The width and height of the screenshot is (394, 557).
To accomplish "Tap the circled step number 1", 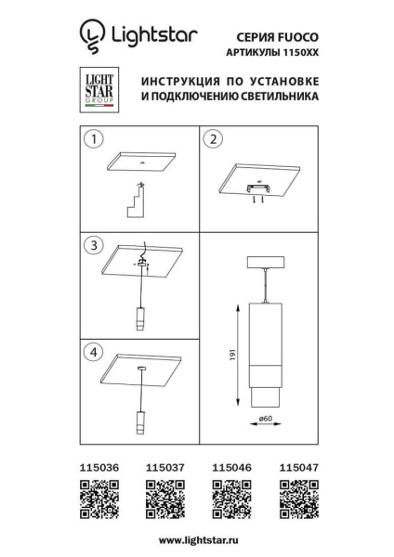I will (92, 141).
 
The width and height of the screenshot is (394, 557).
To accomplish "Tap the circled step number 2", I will (214, 141).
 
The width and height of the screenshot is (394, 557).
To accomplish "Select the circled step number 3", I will (92, 246).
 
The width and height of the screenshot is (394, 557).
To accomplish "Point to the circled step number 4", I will (92, 352).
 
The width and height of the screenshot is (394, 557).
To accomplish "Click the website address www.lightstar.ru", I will (197, 539).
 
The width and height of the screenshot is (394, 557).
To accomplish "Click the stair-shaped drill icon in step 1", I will (138, 200).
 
